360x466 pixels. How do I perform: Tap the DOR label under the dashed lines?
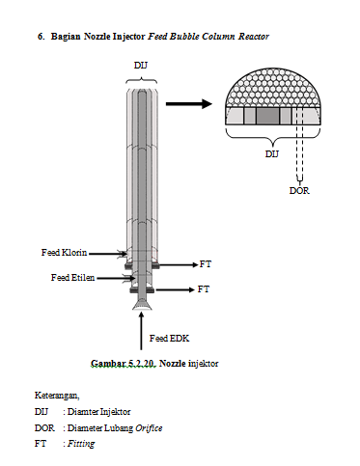click(299, 190)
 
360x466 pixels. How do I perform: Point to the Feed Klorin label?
click(64, 252)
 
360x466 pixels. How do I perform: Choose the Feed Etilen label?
click(72, 277)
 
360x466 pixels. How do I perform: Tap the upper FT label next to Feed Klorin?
click(205, 262)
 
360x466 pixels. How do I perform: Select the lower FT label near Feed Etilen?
click(203, 288)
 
